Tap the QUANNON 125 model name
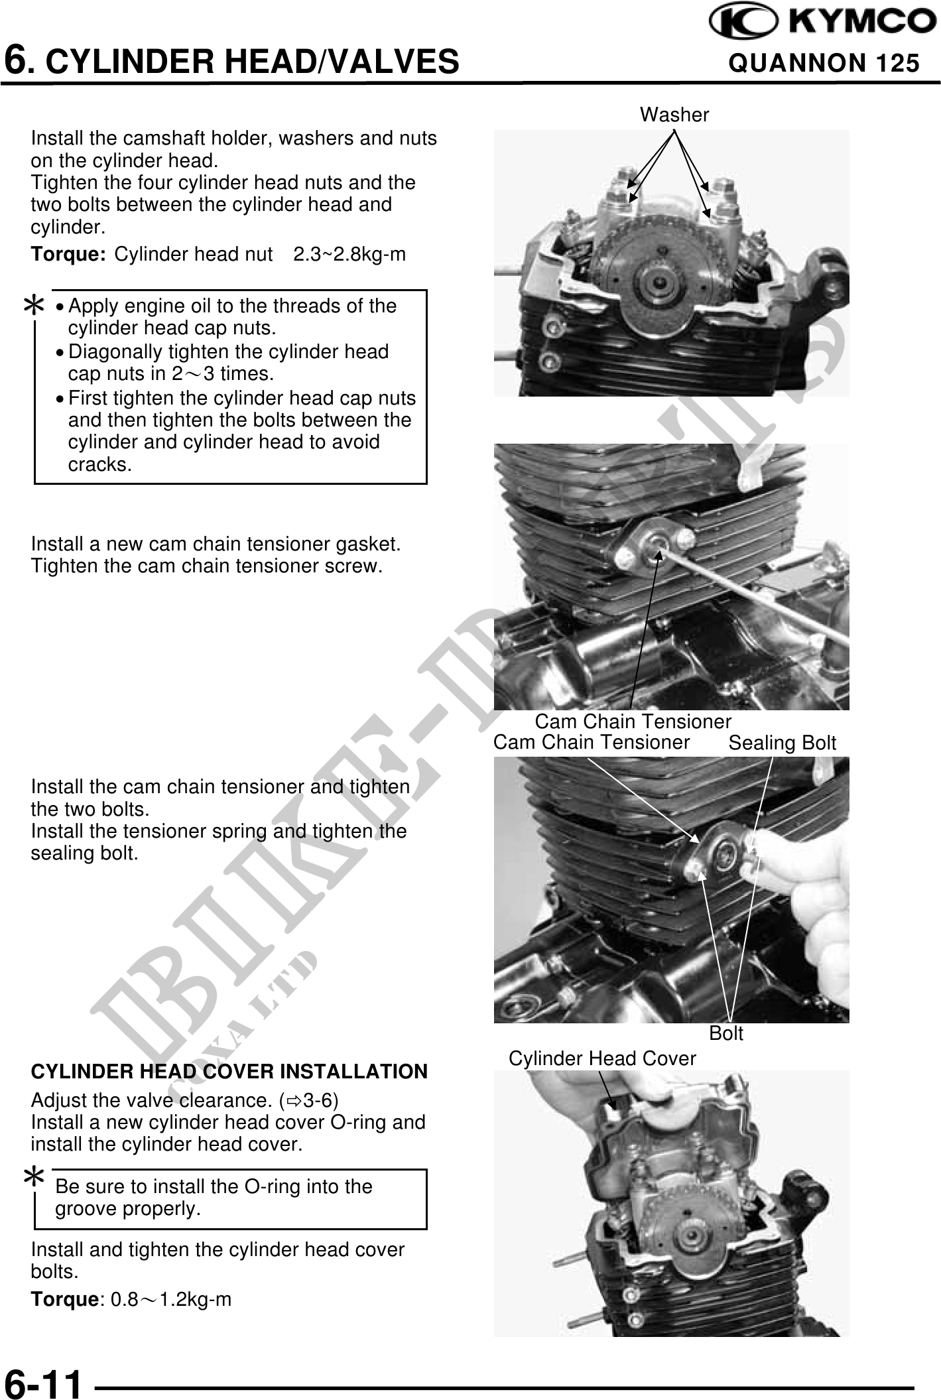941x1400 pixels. tap(824, 63)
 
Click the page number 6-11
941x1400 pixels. tap(44, 1383)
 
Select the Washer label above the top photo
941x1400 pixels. tap(674, 115)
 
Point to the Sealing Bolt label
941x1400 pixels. tap(783, 743)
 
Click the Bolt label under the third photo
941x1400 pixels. tap(726, 1033)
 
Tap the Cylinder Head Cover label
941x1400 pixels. tap(602, 1059)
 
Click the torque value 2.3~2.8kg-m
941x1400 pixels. tap(349, 255)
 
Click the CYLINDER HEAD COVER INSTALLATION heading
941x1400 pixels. tap(229, 1072)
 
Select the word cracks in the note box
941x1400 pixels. tap(100, 465)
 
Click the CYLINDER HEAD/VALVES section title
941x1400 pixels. tap(231, 62)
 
